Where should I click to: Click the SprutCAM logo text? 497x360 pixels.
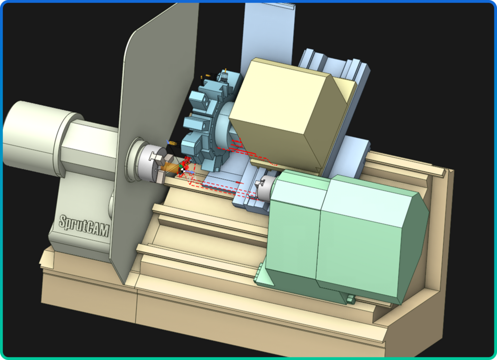84,225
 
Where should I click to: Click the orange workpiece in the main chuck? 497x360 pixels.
168,167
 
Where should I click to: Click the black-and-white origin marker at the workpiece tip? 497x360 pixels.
182,171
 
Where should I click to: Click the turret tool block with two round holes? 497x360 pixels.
200,101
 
